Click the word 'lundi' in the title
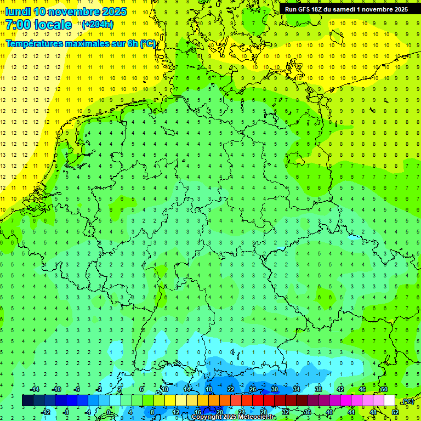[18, 12]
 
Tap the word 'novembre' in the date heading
[75, 12]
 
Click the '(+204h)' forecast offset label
[97, 24]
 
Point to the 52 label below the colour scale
[395, 412]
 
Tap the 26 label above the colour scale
[253, 389]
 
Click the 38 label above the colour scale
[318, 389]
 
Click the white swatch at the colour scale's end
[389, 400]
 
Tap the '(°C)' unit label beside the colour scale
[407, 401]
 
